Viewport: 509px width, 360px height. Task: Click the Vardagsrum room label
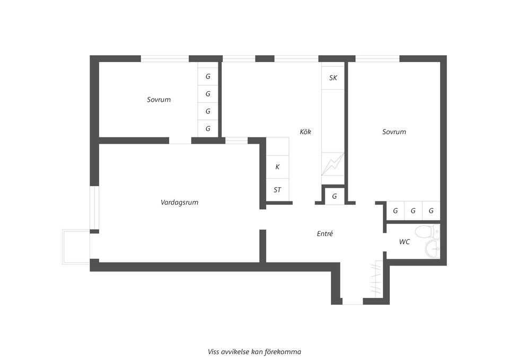click(179, 202)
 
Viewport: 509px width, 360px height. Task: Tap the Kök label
click(305, 131)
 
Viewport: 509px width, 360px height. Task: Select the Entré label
click(324, 233)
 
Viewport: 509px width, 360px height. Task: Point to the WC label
click(404, 242)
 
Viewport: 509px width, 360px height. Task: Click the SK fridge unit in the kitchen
click(333, 77)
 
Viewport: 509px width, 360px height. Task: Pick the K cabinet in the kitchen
click(277, 166)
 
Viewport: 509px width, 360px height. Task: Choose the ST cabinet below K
click(277, 190)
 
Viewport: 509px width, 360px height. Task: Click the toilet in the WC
click(426, 231)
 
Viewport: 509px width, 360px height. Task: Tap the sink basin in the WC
click(433, 247)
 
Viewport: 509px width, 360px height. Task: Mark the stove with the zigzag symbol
click(333, 164)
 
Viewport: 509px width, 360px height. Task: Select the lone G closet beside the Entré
click(334, 196)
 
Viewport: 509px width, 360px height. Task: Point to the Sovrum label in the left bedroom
click(159, 99)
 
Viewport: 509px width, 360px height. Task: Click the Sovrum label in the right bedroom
click(394, 131)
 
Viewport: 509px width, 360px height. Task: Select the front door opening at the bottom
click(352, 302)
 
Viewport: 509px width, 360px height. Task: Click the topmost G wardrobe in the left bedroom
click(208, 76)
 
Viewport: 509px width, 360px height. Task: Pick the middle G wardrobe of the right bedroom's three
click(413, 210)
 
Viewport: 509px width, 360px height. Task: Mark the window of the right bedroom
click(377, 58)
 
